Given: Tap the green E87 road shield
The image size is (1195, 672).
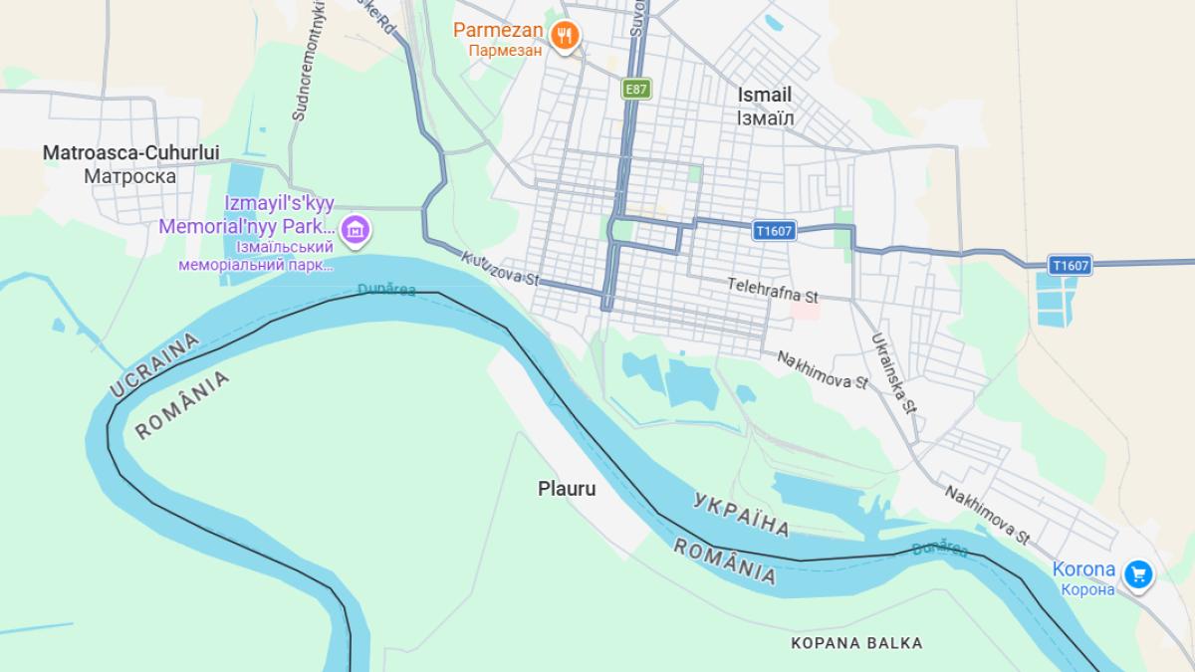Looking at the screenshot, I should (x=636, y=89).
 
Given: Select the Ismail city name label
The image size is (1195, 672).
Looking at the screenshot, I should (x=765, y=95).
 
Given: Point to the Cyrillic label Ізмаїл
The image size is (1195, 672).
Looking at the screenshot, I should (x=765, y=117).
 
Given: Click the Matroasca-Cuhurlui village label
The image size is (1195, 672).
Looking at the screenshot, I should (x=130, y=153).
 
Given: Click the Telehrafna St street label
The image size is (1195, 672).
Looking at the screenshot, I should (x=772, y=290).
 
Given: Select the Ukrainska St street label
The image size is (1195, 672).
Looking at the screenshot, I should (x=891, y=371).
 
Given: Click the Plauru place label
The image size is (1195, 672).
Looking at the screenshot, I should (x=567, y=489).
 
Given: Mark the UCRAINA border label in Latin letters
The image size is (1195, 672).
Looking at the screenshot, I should (x=154, y=366).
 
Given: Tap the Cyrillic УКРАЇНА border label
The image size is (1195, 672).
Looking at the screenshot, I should (x=741, y=513).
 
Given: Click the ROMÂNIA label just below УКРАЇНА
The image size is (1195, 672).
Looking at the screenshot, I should (x=725, y=560).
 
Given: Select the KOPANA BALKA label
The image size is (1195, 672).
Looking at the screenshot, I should (x=856, y=643).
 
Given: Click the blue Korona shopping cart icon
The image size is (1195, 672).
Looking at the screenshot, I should (x=1138, y=573).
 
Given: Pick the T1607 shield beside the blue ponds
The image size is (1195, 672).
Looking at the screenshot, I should (x=1071, y=265).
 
